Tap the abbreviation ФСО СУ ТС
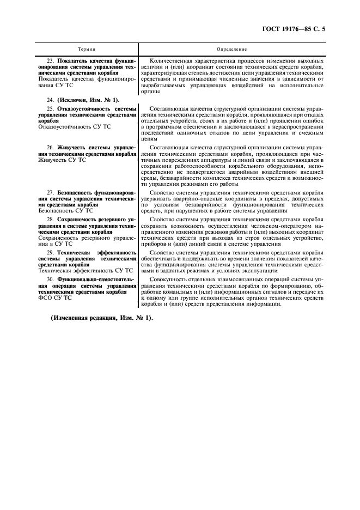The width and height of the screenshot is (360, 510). pos(54,298)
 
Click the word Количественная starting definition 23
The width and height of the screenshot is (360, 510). pos(170,60)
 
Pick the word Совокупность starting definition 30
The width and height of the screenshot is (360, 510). pos(168,279)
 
